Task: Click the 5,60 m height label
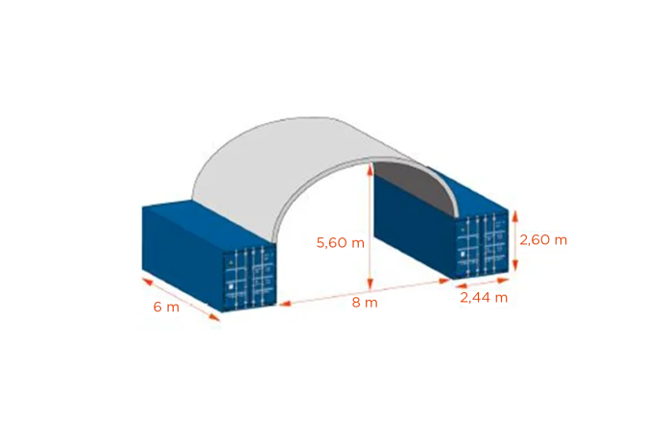pos(341,243)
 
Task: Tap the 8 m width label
pos(365,303)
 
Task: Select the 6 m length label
pos(166,307)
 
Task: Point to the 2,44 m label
pos(484,298)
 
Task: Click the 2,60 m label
pos(543,240)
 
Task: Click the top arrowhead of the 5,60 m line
pos(370,168)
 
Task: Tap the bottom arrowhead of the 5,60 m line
pos(370,284)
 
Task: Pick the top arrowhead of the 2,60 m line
pos(515,216)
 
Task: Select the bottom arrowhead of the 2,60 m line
pos(515,265)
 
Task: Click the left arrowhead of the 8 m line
pos(284,304)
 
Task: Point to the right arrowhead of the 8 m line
pos(444,281)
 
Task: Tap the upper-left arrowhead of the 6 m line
pos(147,281)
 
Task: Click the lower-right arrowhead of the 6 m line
pos(215,316)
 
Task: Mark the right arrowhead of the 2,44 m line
pos(503,281)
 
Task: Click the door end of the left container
pos(250,279)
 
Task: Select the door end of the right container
pos(482,245)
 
